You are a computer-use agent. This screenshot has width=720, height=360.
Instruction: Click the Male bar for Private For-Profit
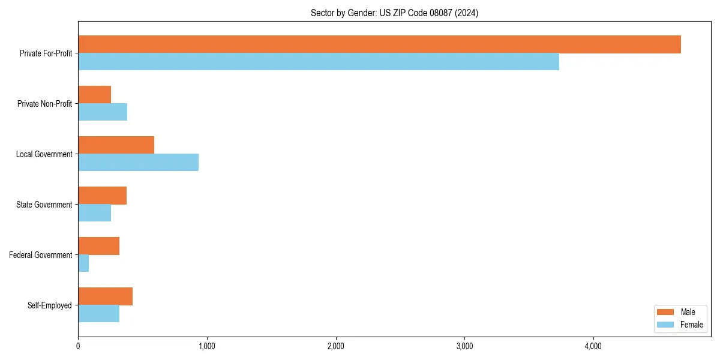[379, 44]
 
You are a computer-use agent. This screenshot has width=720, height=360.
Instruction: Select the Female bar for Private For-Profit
[319, 62]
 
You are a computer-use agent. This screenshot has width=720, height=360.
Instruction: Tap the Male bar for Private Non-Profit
[94, 95]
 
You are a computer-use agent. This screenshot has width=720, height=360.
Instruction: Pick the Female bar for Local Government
[138, 163]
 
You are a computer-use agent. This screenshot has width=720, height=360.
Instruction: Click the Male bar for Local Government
[116, 145]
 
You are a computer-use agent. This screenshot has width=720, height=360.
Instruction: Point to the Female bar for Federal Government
[83, 263]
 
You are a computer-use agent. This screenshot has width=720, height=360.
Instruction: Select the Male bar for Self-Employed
[105, 296]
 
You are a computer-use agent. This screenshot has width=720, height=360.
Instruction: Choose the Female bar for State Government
[94, 213]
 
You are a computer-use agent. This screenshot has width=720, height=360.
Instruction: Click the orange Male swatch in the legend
[666, 312]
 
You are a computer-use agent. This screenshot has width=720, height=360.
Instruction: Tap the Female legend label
[692, 325]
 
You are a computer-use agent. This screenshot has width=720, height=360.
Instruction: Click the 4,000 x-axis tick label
[593, 346]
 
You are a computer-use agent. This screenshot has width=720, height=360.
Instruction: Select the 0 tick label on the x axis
[78, 346]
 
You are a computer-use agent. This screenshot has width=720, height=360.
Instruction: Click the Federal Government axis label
[41, 255]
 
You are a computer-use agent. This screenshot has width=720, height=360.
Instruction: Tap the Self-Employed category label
[50, 305]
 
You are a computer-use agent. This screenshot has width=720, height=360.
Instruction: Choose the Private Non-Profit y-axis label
[44, 104]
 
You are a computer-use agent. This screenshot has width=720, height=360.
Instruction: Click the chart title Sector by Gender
[394, 13]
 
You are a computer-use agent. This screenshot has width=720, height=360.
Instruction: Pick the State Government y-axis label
[44, 205]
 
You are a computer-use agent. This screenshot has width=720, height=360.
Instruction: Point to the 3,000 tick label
[465, 346]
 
